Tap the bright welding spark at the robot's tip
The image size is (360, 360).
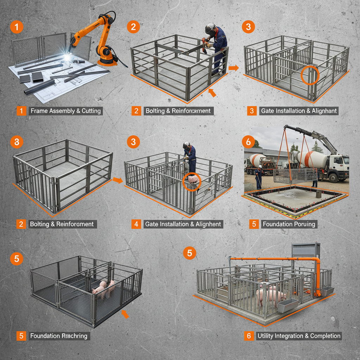[x=67, y=56]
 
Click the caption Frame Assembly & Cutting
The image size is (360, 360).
[x=66, y=111]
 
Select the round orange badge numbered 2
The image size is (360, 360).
[x=133, y=27]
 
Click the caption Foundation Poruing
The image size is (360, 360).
[x=289, y=224]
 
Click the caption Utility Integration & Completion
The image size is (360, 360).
[x=299, y=336]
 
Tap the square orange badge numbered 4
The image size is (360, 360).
[x=136, y=224]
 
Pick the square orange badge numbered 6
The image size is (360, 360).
[x=249, y=336]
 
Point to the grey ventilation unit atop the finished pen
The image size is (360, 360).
[x=306, y=250]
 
